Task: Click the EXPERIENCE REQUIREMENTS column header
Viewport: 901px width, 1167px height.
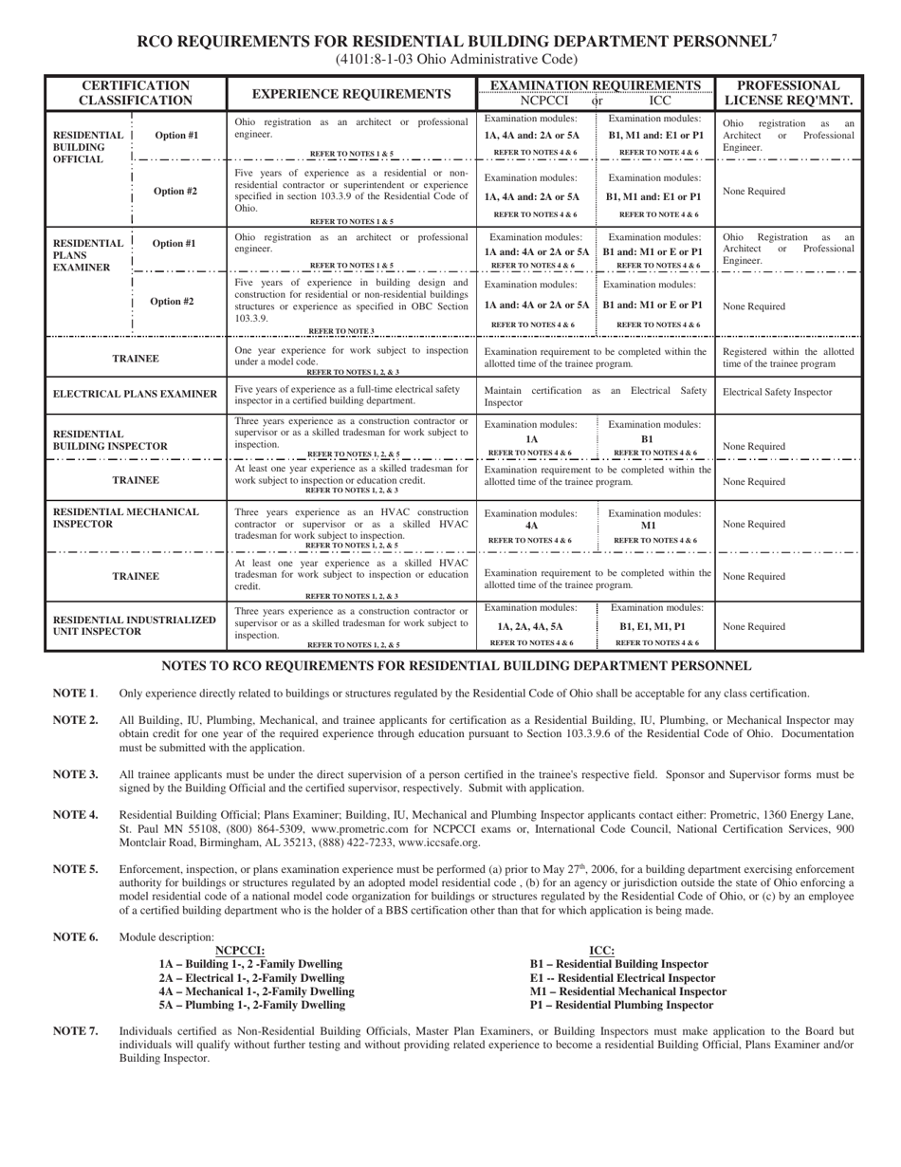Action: point(350,94)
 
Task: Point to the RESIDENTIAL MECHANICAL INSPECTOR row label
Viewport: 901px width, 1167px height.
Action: point(126,518)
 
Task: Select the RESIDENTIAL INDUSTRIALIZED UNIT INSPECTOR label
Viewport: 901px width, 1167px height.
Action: point(134,625)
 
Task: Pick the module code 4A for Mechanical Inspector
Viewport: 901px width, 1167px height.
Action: point(531,525)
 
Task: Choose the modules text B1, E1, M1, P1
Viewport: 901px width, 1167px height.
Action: point(655,626)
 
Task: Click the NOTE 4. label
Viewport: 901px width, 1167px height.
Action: point(75,814)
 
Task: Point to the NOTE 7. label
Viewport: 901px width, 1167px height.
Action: point(75,1030)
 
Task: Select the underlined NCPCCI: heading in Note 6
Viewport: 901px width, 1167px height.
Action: point(240,950)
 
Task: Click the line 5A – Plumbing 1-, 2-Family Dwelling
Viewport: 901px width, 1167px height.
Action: point(251,1005)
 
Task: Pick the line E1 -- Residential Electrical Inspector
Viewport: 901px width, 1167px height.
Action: point(622,977)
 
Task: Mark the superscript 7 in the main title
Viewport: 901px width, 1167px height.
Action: point(774,38)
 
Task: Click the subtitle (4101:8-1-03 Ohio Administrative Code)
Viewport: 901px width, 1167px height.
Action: point(450,59)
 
